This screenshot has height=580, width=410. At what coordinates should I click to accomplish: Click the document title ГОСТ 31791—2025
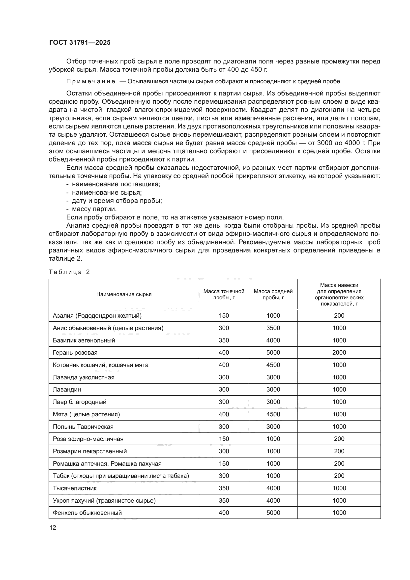pyautogui.click(x=80, y=42)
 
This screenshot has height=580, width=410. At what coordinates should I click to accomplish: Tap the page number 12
pyautogui.click(x=53, y=528)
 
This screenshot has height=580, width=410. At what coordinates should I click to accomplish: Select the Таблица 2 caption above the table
pyautogui.click(x=69, y=272)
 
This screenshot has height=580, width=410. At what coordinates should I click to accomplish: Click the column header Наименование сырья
pyautogui.click(x=124, y=294)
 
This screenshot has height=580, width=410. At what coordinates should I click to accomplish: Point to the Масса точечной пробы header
pyautogui.click(x=224, y=294)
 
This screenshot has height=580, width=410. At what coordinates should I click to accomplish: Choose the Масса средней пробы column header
pyautogui.click(x=273, y=294)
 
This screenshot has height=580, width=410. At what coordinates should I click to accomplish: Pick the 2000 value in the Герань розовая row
pyautogui.click(x=339, y=353)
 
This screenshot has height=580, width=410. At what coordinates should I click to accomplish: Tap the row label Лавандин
pyautogui.click(x=67, y=390)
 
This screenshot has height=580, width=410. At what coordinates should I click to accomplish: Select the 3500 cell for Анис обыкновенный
pyautogui.click(x=273, y=328)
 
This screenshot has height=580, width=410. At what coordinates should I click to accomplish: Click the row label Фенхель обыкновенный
pyautogui.click(x=87, y=513)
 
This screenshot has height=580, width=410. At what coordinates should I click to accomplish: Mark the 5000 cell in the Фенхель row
pyautogui.click(x=273, y=513)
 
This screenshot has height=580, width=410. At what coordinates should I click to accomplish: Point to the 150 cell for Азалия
pyautogui.click(x=224, y=316)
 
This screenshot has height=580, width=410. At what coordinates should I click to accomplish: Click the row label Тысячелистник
pyautogui.click(x=74, y=488)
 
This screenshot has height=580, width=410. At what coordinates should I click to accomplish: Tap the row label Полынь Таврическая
pyautogui.click(x=83, y=427)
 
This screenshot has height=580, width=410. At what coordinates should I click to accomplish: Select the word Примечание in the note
pyautogui.click(x=91, y=82)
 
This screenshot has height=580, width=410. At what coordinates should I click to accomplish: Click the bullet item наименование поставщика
pyautogui.click(x=116, y=184)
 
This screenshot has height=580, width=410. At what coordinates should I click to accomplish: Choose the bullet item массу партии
pyautogui.click(x=94, y=209)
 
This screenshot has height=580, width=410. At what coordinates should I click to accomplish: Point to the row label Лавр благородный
pyautogui.click(x=80, y=402)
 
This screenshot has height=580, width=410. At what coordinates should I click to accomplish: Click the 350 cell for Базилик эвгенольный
pyautogui.click(x=224, y=340)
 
